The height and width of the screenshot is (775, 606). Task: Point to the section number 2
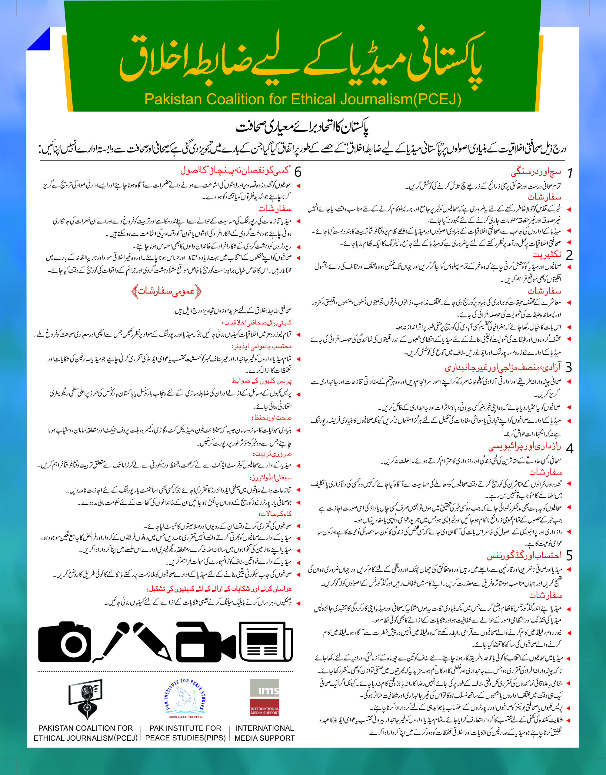point(569,255)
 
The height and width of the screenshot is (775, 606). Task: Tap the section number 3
point(569,367)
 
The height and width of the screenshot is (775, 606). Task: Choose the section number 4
point(569,449)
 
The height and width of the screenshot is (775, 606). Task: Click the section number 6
point(298,172)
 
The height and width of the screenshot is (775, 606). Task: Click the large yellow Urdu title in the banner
point(301,59)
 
